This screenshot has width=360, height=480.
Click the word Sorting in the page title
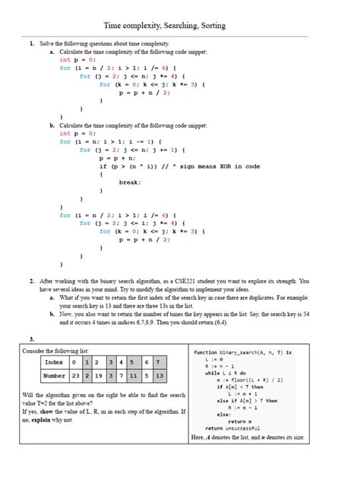point(209,26)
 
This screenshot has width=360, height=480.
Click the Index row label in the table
point(54,362)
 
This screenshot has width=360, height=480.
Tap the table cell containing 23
point(76,375)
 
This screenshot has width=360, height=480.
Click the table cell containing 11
point(131,375)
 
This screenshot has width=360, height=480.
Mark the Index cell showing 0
point(76,362)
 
